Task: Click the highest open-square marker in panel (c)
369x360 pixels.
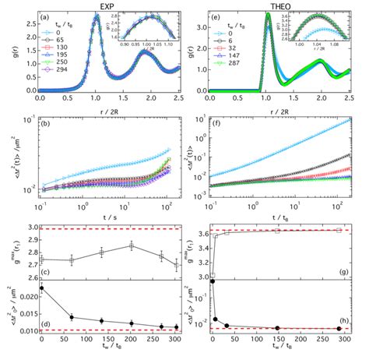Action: click(132, 245)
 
